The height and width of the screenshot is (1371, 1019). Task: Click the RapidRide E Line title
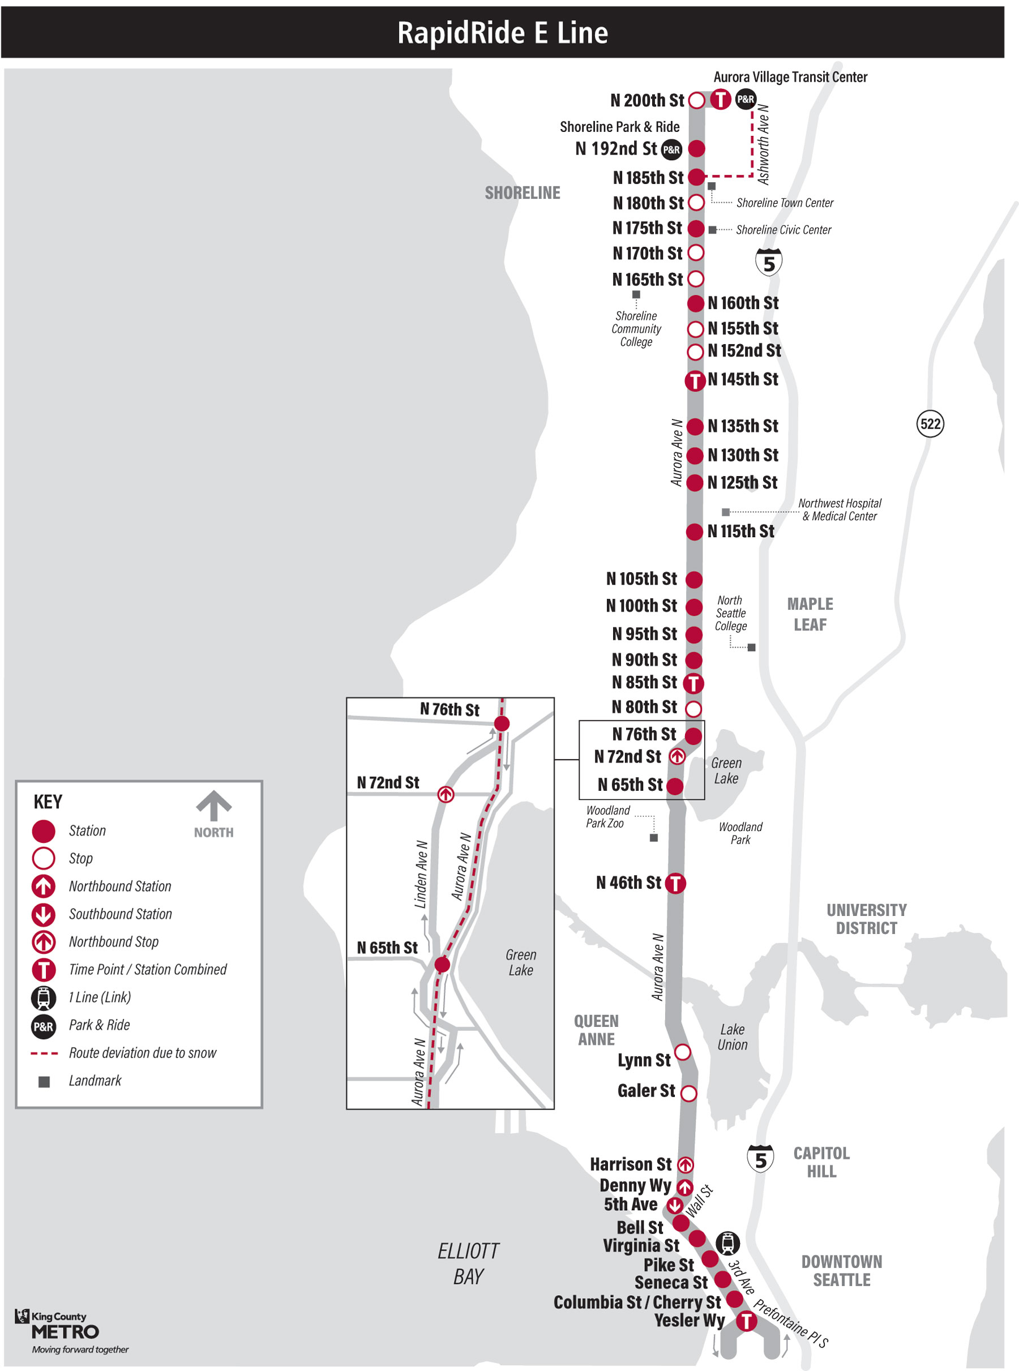pyautogui.click(x=502, y=33)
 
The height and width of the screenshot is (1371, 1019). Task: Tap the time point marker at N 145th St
pyautogui.click(x=695, y=380)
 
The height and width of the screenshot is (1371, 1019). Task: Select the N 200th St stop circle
pyautogui.click(x=696, y=100)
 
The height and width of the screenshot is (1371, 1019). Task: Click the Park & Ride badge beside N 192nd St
pyautogui.click(x=671, y=149)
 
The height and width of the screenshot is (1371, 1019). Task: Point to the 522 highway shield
pyautogui.click(x=930, y=423)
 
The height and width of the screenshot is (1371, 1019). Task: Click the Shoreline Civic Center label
pyautogui.click(x=783, y=229)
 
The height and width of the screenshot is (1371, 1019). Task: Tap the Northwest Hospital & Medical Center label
pyautogui.click(x=840, y=509)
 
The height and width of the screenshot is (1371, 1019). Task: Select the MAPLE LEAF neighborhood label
pyautogui.click(x=810, y=614)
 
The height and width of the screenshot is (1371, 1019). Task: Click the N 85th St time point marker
pyautogui.click(x=693, y=683)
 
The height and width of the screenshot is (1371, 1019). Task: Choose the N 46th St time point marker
pyautogui.click(x=675, y=883)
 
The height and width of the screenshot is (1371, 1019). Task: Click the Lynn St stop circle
pyautogui.click(x=682, y=1052)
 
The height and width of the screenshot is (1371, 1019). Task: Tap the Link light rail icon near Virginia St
pyautogui.click(x=728, y=1243)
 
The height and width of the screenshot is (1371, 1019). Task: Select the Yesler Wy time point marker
pyautogui.click(x=746, y=1321)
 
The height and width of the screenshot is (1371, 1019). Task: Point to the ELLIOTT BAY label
pyautogui.click(x=468, y=1263)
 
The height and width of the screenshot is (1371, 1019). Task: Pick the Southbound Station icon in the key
pyautogui.click(x=43, y=914)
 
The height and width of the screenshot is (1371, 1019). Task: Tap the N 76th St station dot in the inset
pyautogui.click(x=502, y=723)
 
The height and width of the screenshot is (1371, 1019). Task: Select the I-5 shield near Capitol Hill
pyautogui.click(x=760, y=1159)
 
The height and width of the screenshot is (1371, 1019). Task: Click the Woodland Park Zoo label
pyautogui.click(x=607, y=817)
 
